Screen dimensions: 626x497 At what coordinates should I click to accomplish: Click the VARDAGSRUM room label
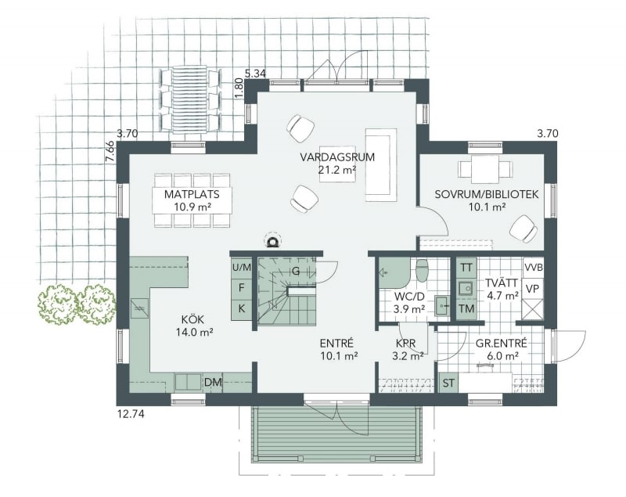337,157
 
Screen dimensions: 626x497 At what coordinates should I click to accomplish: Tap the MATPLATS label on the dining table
192,194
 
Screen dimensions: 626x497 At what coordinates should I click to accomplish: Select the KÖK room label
192,319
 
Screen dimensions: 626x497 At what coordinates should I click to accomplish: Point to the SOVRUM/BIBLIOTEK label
487,194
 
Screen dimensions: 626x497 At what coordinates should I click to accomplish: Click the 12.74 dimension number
131,414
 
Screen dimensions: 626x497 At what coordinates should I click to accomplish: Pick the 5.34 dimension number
256,74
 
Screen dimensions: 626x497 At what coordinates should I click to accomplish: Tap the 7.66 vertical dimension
110,152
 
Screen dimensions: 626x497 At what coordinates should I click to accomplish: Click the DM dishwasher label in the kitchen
213,382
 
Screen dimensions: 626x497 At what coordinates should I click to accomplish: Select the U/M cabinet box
242,268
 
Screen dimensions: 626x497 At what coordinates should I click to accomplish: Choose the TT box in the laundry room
466,268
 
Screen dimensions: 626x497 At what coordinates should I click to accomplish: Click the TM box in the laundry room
466,308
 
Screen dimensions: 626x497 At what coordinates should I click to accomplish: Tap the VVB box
534,268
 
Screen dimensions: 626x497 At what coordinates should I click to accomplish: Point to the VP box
534,289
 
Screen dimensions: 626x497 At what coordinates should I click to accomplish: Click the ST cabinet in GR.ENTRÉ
448,383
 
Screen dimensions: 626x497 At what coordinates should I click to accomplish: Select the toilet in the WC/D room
423,271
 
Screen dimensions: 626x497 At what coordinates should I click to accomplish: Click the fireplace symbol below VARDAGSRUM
273,241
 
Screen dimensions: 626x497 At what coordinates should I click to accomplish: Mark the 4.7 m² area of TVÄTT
502,296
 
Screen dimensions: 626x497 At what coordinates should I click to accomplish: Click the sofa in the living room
381,164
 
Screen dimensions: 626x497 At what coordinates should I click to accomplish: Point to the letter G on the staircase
296,271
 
